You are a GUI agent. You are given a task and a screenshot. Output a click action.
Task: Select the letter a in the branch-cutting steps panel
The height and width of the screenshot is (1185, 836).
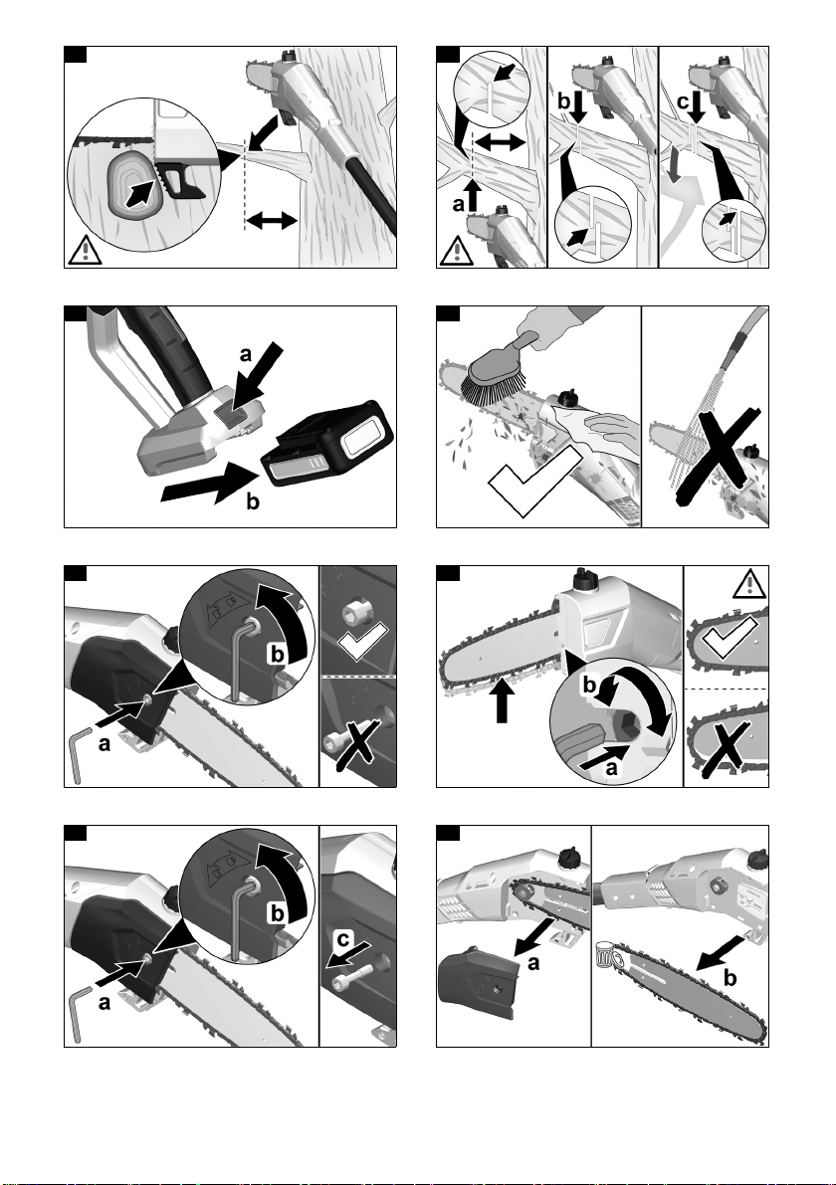click(x=458, y=204)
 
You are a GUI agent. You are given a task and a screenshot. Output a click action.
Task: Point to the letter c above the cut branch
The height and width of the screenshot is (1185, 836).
click(x=684, y=102)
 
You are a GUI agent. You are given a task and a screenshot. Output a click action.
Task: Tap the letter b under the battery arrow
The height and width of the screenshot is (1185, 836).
click(x=253, y=501)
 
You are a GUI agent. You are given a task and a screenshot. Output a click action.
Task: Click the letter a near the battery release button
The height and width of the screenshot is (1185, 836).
click(x=245, y=353)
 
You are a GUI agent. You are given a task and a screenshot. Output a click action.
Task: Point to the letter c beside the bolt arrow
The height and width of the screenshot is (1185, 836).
click(x=343, y=938)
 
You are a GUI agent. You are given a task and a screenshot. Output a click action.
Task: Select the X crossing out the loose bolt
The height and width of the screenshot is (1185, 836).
click(x=356, y=747)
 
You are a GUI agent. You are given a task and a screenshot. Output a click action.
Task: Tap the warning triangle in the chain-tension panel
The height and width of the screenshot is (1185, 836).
click(x=749, y=584)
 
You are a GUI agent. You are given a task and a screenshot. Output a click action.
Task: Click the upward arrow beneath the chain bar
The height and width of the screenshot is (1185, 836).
click(x=503, y=700)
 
